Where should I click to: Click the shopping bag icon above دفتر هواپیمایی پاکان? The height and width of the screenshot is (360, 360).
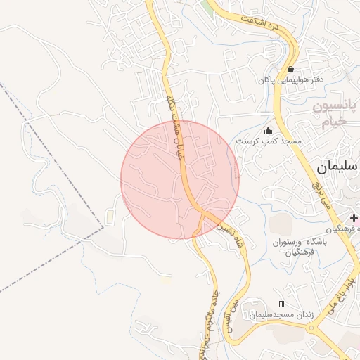[291, 69]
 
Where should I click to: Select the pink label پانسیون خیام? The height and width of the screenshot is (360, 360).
[335, 113]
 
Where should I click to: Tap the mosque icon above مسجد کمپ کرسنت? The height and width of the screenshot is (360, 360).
[267, 130]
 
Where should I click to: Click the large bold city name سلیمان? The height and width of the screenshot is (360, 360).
[337, 167]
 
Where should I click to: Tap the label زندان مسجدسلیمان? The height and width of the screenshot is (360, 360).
[282, 316]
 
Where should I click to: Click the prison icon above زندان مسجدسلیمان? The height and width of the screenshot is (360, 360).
[282, 304]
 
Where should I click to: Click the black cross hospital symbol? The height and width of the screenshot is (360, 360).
[353, 220]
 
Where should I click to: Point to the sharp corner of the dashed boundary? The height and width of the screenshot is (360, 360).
[103, 227]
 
